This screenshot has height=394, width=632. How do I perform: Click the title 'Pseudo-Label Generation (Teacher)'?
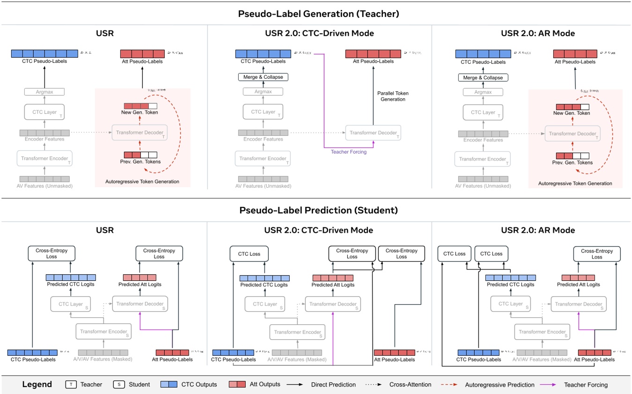[x=316, y=14]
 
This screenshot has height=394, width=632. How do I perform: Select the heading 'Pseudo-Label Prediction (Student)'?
[x=316, y=210]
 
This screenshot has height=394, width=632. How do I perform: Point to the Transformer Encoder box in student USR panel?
[x=103, y=332]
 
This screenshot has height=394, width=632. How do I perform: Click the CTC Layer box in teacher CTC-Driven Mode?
[x=263, y=112]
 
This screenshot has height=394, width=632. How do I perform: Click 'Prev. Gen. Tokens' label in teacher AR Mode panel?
[x=573, y=162]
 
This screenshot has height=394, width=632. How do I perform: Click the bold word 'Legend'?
[x=37, y=384]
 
